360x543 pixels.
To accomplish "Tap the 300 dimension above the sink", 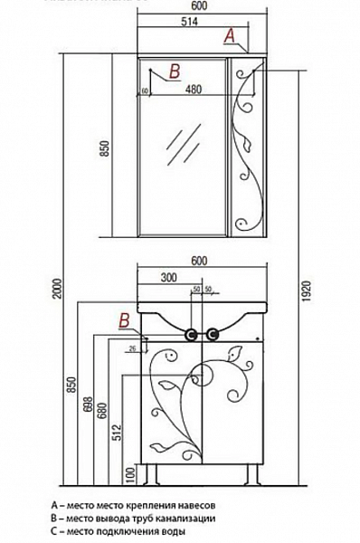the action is pyautogui.click(x=167, y=279).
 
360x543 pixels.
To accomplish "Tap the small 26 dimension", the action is pyautogui.click(x=132, y=348).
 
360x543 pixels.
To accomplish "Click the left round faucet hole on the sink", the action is pyautogui.click(x=192, y=334).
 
